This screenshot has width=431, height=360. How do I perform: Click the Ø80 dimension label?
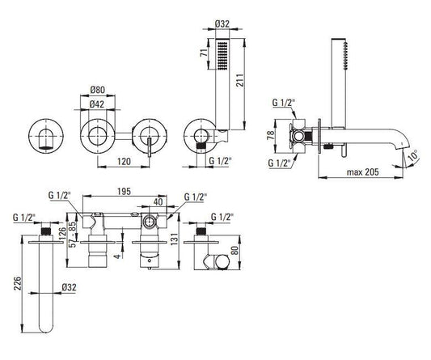[97, 90]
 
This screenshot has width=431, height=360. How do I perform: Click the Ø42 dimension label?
[97, 104]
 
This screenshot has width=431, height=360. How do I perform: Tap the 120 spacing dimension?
[124, 162]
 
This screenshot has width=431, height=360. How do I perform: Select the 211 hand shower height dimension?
[240, 80]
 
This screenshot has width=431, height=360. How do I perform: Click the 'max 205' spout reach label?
[362, 172]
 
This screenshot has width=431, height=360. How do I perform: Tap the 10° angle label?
[412, 155]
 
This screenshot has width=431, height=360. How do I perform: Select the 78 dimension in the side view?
[270, 135]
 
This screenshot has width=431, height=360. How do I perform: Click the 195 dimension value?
[124, 192]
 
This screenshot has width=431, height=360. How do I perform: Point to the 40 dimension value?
[158, 202]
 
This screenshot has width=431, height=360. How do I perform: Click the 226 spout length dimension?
[18, 284]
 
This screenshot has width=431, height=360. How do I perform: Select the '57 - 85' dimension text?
[72, 235]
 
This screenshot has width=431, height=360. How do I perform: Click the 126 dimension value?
[63, 234]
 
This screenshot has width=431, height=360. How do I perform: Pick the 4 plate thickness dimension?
[117, 256]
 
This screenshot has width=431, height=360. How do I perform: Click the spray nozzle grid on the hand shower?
[222, 55]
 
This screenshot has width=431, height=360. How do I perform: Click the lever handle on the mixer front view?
[150, 147]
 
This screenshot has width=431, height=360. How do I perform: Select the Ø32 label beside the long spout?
[69, 287]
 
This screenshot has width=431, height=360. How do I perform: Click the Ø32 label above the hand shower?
[222, 24]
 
